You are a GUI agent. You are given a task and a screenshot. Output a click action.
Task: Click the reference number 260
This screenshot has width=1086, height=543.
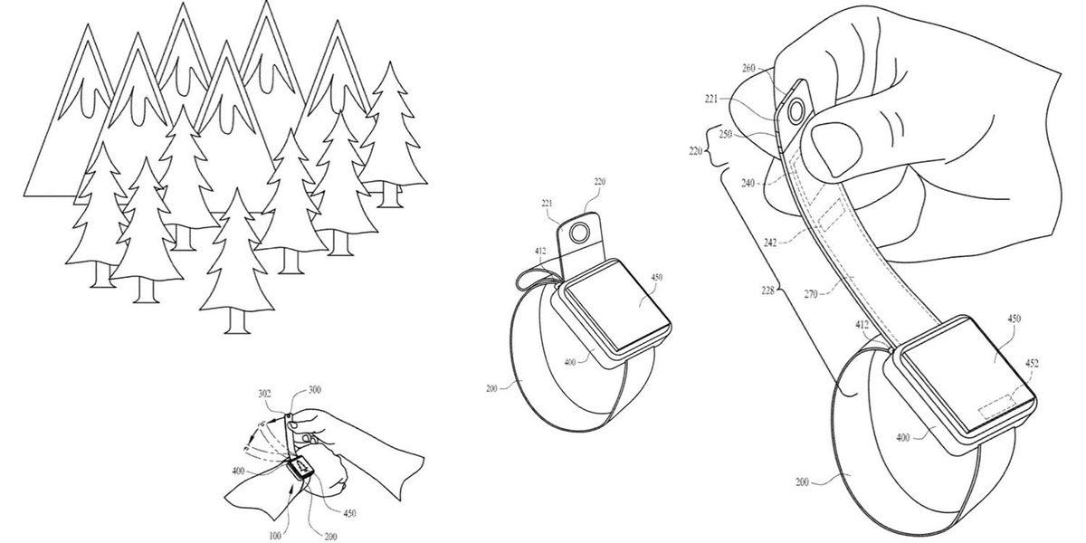(749, 69)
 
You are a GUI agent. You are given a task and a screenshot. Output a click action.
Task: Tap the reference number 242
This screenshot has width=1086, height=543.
(770, 242)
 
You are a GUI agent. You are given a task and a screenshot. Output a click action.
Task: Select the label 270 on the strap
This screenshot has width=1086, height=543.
(811, 293)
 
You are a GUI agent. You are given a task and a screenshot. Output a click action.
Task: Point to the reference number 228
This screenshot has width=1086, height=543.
(768, 291)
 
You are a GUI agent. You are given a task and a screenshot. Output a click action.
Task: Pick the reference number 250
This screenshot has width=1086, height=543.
(725, 134)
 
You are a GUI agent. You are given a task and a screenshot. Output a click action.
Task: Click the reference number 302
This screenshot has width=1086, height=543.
(264, 395)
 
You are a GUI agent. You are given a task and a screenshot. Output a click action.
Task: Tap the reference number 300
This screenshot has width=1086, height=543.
(315, 390)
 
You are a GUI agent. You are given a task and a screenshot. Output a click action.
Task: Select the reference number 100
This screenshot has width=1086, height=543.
(275, 536)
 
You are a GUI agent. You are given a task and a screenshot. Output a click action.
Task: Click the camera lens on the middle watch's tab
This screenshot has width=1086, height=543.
(577, 234)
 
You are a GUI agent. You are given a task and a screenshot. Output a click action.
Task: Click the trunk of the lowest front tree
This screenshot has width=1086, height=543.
(237, 321)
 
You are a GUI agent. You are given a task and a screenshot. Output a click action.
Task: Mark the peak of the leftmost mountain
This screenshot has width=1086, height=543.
(87, 25)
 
